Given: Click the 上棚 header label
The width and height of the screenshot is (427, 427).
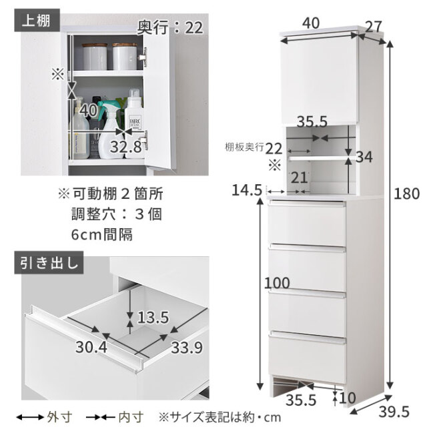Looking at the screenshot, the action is click(36, 21).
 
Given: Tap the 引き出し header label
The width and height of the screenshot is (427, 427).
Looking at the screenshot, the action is click(49, 263).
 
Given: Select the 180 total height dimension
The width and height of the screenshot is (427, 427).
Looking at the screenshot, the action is click(407, 194).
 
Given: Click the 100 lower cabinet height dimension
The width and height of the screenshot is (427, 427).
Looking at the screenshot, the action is click(277, 283).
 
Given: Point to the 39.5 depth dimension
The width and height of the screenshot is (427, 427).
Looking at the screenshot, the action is click(394, 412).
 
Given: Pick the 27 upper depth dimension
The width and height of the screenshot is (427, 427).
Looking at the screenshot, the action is click(374, 27).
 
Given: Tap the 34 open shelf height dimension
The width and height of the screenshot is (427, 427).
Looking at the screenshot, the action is click(364, 157).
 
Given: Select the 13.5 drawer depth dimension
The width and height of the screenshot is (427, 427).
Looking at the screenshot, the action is click(153, 318).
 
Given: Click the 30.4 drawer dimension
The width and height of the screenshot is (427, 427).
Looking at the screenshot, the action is click(91, 347).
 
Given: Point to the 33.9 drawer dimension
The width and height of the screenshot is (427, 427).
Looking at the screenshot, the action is click(187, 348).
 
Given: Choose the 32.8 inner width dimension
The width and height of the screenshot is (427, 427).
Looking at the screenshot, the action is click(126, 147).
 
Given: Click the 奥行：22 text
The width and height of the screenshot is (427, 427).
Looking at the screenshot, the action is click(170, 27).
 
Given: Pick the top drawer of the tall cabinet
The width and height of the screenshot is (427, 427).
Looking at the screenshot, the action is click(307, 224).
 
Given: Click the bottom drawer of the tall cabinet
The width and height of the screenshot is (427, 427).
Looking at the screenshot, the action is click(308, 354).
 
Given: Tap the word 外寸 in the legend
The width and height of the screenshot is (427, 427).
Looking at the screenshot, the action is click(56, 417).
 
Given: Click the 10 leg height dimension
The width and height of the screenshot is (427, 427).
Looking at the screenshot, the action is click(348, 398).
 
